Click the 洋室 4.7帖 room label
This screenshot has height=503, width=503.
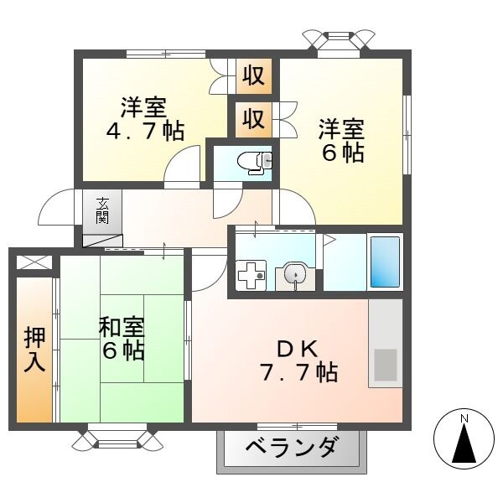tap(144, 118)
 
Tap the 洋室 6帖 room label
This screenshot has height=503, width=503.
tap(340, 141)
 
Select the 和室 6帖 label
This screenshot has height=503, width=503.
tap(122, 337)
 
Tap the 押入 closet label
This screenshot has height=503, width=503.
tap(34, 350)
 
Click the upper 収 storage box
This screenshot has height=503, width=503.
tap(253, 76)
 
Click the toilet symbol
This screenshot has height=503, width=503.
tap(254, 162)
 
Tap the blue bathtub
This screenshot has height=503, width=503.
tap(385, 262)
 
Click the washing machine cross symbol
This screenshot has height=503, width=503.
tap(250, 275)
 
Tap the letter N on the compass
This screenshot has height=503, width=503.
tap(464, 417)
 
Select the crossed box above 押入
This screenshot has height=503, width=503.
tap(34, 262)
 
